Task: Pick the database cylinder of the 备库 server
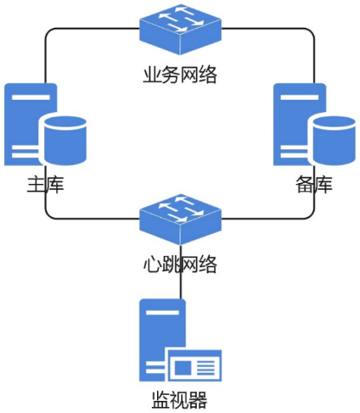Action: coord(334,138)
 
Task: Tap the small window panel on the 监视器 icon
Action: coord(195,367)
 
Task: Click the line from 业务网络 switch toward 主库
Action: coord(87,29)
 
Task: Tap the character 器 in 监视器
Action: coord(198,401)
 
